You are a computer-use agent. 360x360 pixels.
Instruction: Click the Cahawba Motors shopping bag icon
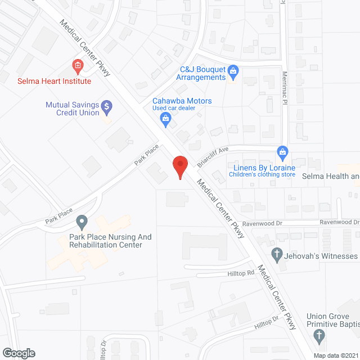165,118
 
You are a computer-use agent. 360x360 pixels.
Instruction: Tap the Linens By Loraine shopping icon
282,151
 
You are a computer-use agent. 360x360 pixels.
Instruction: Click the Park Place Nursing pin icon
82,220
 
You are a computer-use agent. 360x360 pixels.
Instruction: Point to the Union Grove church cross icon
319,337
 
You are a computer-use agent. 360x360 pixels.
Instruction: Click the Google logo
18,353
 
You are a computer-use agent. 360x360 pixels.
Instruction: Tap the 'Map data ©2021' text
335,355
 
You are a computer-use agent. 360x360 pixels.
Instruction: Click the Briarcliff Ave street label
212,157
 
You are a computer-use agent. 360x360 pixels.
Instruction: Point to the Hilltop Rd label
243,273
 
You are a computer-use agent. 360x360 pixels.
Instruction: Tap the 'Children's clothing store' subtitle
262,175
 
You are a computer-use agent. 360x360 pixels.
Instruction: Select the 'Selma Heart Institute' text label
53,81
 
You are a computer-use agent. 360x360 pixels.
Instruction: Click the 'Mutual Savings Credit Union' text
72,109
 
